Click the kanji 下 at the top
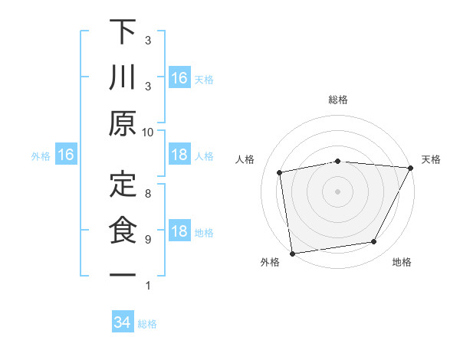pos(123,34)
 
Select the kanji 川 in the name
pos(123,80)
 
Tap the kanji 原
pos(123,124)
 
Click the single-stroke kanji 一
pos(123,274)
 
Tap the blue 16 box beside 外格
pos(66,155)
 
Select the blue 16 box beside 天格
pos(179,77)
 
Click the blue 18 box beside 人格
pos(179,155)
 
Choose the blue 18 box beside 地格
pos(179,232)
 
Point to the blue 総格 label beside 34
pos(147,324)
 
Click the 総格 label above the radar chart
pos(338,100)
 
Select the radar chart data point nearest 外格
pos(292,253)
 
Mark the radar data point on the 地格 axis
pos(374,242)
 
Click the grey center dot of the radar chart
pos(337,191)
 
